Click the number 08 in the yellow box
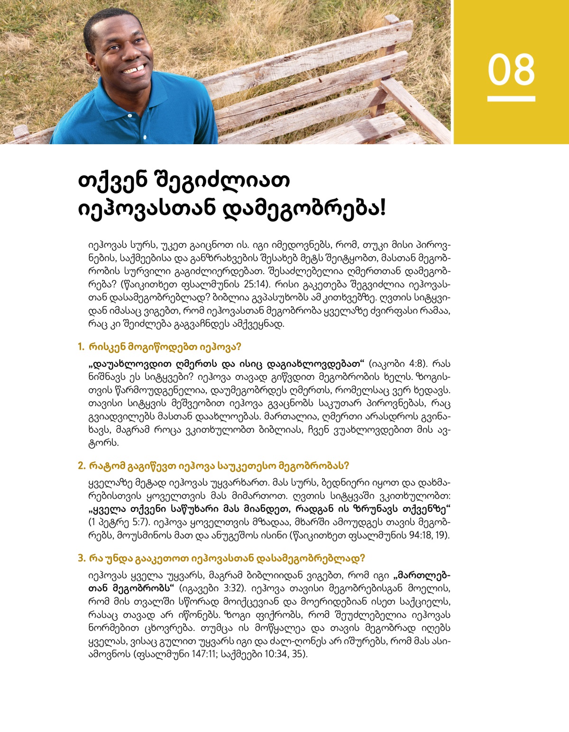click(511, 70)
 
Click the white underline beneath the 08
click(511, 99)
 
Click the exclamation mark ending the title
click(383, 208)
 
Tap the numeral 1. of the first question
click(81, 347)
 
